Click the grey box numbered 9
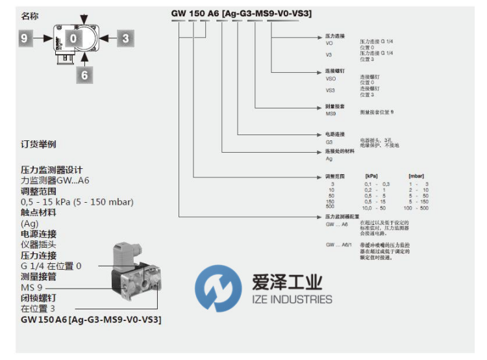[25, 39]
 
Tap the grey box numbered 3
[125, 38]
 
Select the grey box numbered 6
[83, 75]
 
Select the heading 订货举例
[38, 144]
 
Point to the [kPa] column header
[371, 176]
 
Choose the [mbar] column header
[416, 176]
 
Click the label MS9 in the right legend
[331, 113]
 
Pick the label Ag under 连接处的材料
[329, 158]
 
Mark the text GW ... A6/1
[338, 244]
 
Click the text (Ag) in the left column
[31, 224]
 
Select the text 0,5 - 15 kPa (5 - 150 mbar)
[77, 202]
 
